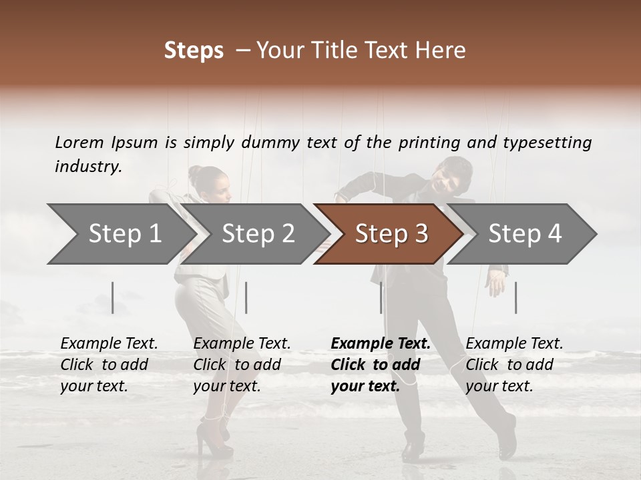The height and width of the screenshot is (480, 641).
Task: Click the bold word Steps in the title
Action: pyautogui.click(x=194, y=51)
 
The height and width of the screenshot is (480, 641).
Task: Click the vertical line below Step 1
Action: pyautogui.click(x=113, y=297)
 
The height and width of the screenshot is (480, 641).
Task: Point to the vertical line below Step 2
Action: pyautogui.click(x=246, y=297)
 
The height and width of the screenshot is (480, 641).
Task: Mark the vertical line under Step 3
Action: pyautogui.click(x=381, y=297)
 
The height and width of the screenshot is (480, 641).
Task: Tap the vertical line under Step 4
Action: pyautogui.click(x=516, y=297)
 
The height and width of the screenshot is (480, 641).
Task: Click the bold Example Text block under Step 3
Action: pyautogui.click(x=380, y=365)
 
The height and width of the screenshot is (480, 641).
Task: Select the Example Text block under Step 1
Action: pyautogui.click(x=109, y=365)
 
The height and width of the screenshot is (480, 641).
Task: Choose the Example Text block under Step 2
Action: pyautogui.click(x=242, y=365)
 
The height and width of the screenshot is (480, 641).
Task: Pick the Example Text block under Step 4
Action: pyautogui.click(x=514, y=365)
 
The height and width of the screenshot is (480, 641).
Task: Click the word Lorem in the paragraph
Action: pyautogui.click(x=79, y=142)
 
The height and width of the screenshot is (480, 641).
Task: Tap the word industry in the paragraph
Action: pyautogui.click(x=87, y=167)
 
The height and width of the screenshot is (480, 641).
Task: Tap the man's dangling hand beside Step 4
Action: pyautogui.click(x=495, y=283)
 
